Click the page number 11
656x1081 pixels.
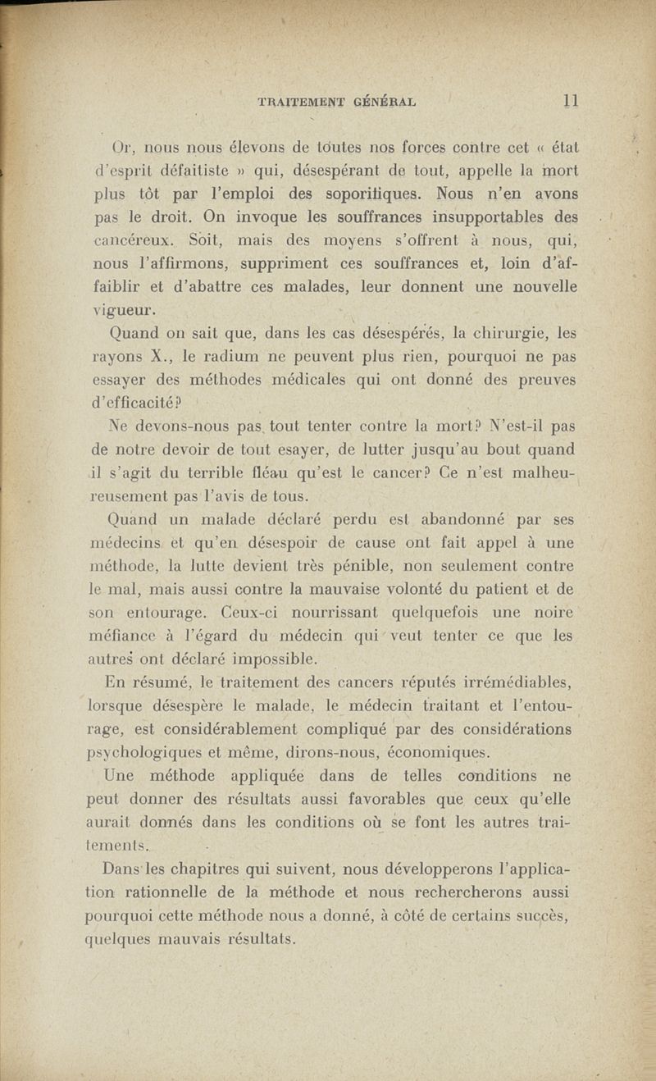coord(572,102)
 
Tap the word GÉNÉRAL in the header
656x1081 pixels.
coord(386,103)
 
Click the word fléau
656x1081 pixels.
coord(343,474)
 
